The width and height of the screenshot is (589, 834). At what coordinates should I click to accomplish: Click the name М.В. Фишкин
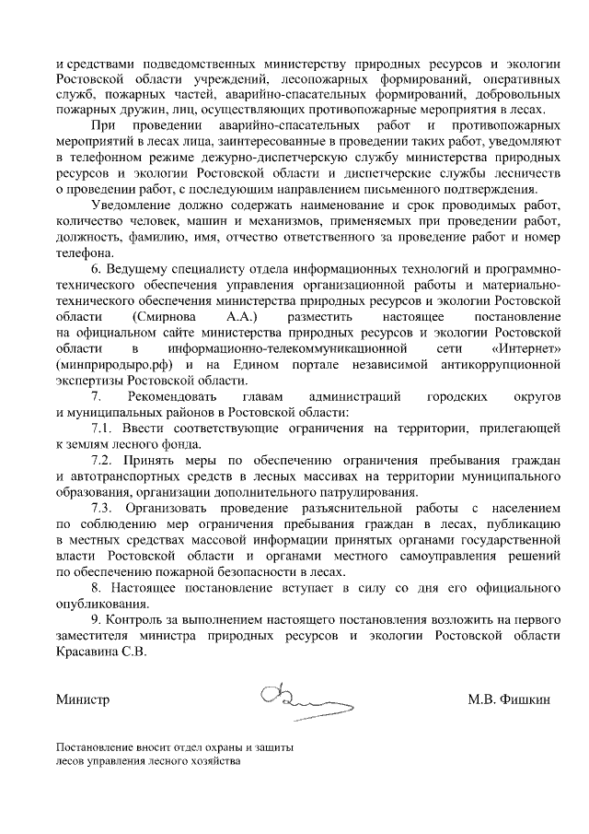point(509,700)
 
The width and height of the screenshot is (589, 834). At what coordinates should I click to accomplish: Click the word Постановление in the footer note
point(95,747)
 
